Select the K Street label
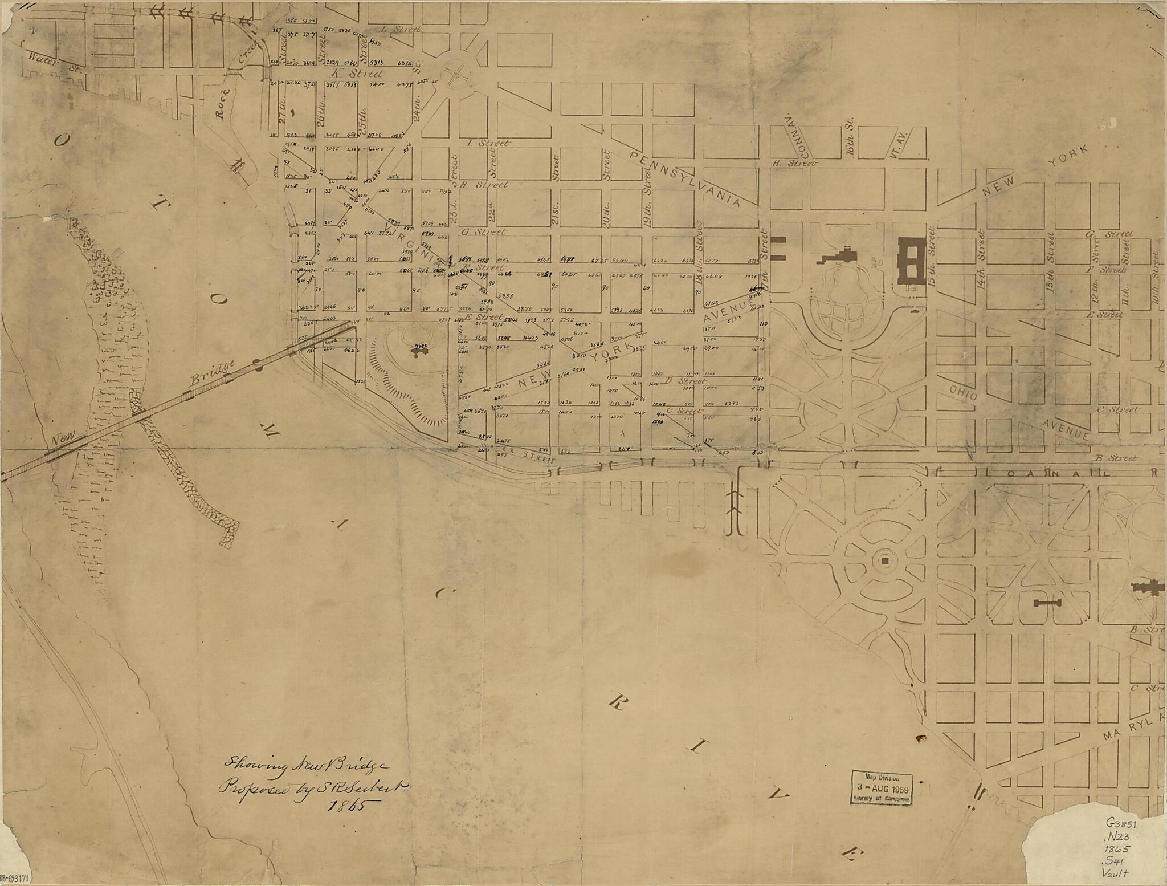(358, 74)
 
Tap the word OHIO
(963, 392)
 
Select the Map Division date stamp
(882, 788)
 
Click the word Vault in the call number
(1115, 872)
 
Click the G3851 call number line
(1121, 824)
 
